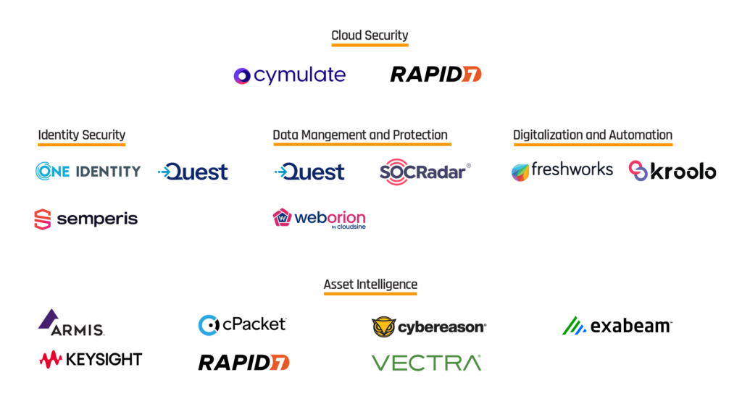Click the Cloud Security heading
pyautogui.click(x=370, y=35)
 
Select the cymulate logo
pyautogui.click(x=290, y=75)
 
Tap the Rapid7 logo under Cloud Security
pyautogui.click(x=435, y=74)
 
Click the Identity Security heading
pyautogui.click(x=81, y=135)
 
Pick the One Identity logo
pyautogui.click(x=88, y=171)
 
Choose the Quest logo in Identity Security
pyautogui.click(x=193, y=172)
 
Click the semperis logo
pyautogui.click(x=86, y=219)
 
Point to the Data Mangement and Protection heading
pyautogui.click(x=359, y=135)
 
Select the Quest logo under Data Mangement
pyautogui.click(x=309, y=172)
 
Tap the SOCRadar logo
pyautogui.click(x=425, y=172)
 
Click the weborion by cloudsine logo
pyautogui.click(x=319, y=219)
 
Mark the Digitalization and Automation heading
pyautogui.click(x=592, y=135)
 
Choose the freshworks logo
pyautogui.click(x=562, y=170)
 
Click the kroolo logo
pyautogui.click(x=672, y=171)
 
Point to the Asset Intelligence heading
pyautogui.click(x=370, y=285)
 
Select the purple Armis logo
pyautogui.click(x=71, y=324)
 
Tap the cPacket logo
pyautogui.click(x=242, y=324)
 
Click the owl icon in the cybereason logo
pyautogui.click(x=384, y=327)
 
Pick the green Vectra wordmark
pyautogui.click(x=426, y=363)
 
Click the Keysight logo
pyautogui.click(x=91, y=359)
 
